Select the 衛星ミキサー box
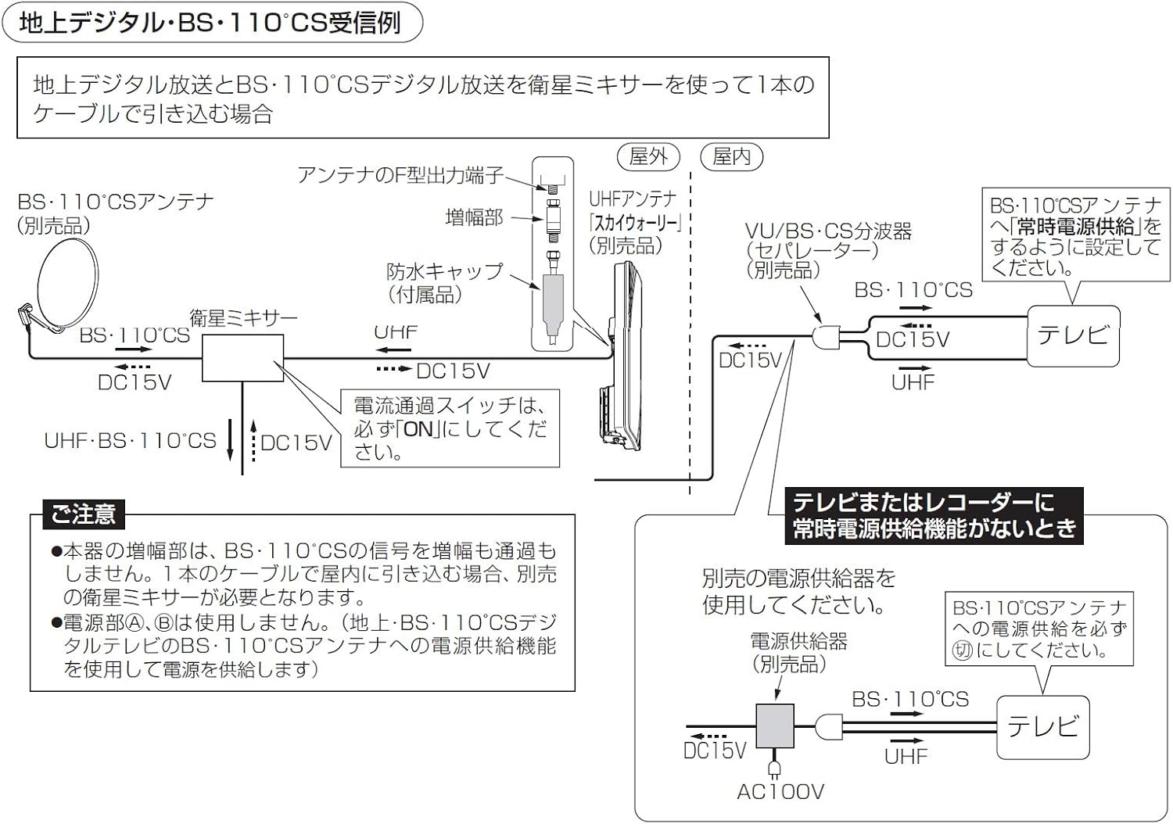pos(242,358)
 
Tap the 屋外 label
pos(648,157)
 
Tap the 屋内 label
pos(732,157)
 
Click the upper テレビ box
pos(1073,335)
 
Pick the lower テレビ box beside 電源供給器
pos(1042,726)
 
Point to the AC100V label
pos(780,792)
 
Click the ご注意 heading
pos(83,514)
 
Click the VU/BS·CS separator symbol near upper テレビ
pos(826,338)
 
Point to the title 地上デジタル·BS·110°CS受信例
pos(210,23)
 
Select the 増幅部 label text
pos(474,217)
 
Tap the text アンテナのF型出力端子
pos(400,175)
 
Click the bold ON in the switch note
pos(418,428)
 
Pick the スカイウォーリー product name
pos(635,223)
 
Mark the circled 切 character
pos(962,650)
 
